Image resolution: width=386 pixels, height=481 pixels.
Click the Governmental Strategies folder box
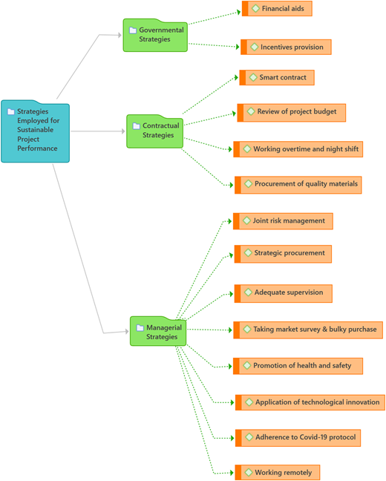click(x=155, y=36)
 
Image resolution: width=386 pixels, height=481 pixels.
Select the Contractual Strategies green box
click(x=155, y=131)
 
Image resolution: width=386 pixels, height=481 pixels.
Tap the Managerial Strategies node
click(x=158, y=331)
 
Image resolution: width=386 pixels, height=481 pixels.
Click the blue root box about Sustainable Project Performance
click(x=36, y=131)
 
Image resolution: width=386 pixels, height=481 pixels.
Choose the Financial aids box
click(x=277, y=9)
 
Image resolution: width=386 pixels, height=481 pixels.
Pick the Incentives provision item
click(x=286, y=48)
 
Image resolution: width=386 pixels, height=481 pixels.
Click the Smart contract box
click(x=277, y=78)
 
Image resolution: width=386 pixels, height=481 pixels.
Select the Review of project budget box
click(x=292, y=113)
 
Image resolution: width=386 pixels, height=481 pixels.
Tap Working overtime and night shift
click(x=298, y=149)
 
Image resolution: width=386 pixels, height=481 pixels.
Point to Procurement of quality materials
click(x=298, y=185)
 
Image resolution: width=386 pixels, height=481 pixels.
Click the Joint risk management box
click(x=284, y=221)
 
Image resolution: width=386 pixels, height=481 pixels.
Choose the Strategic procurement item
click(x=284, y=254)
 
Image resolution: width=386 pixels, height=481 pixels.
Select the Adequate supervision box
click(x=284, y=293)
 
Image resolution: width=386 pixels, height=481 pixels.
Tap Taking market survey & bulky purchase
click(x=308, y=330)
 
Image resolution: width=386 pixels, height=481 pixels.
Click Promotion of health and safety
click(x=298, y=366)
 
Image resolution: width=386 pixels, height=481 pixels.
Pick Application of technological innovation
click(x=310, y=402)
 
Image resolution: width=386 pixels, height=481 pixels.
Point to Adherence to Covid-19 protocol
click(x=298, y=438)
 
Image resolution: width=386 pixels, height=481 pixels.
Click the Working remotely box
click(x=278, y=472)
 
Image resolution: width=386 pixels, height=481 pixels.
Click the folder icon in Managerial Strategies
click(x=140, y=328)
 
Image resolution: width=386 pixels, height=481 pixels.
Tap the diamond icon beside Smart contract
click(x=253, y=77)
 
